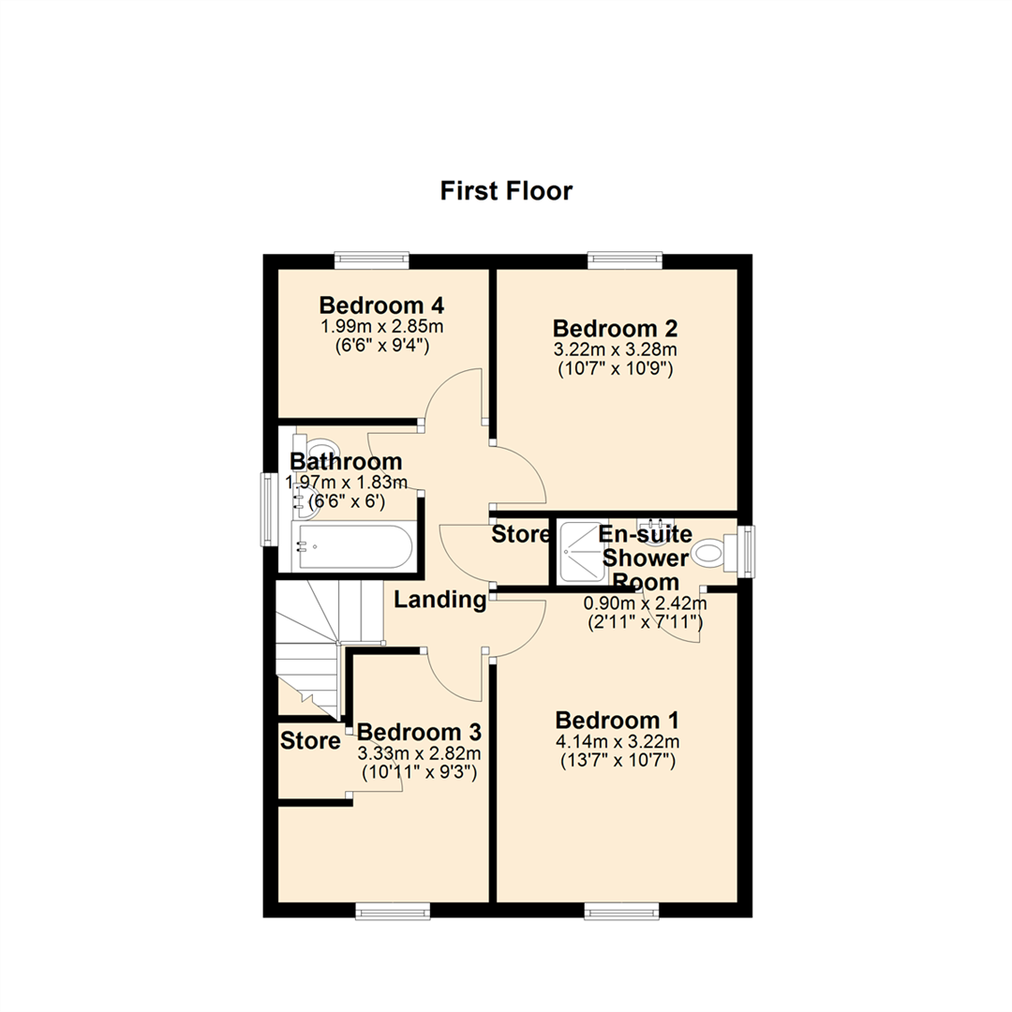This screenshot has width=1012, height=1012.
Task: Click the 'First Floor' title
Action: coord(506,191)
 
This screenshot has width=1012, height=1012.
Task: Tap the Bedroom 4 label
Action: coord(380,305)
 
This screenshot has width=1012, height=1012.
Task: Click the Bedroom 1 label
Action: coord(617,721)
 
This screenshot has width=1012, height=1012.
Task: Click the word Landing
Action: coord(439,601)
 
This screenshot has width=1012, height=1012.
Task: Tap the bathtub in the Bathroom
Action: coord(354,546)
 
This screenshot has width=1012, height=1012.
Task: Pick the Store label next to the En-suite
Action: coord(521,535)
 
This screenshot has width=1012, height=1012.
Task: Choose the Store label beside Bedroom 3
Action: coord(309,742)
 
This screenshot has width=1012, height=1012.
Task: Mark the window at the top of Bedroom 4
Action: coord(372,260)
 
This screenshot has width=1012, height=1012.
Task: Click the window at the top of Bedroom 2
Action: coord(625,260)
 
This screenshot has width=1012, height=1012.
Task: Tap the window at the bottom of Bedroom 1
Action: coord(620,910)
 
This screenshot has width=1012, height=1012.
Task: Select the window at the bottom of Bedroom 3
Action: coord(393,910)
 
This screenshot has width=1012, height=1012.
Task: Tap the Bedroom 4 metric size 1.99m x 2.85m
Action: coord(380,326)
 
